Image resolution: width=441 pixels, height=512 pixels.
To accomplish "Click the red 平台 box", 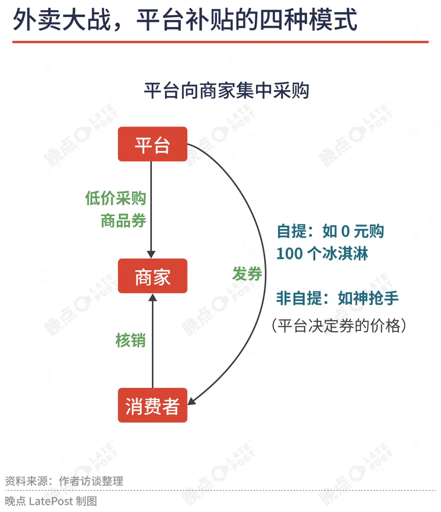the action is pos(152,144).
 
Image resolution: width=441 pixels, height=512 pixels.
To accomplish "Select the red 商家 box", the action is pos(152,276).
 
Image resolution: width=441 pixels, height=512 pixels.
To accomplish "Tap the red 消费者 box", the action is pos(152,405).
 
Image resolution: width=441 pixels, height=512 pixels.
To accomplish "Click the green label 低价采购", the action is pos(116,198).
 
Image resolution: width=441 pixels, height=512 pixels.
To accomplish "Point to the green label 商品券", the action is pos(123,220).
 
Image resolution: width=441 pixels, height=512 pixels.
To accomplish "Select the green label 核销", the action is pos(131,341).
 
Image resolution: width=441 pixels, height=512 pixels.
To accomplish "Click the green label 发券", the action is pos(247,274).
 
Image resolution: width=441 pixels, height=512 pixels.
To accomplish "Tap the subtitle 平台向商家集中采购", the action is pos(227,90).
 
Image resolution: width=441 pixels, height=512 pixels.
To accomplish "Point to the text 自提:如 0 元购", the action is pos(330,232).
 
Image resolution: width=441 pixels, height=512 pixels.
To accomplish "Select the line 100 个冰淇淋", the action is pos(322,254).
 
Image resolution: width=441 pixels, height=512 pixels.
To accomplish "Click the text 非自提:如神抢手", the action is pos(337,298).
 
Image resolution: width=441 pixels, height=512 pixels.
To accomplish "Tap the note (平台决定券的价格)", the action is pos(339,325).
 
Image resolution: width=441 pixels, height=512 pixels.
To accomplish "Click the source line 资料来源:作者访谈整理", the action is pos(64,481).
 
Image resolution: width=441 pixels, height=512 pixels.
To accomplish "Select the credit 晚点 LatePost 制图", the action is pos(51,501).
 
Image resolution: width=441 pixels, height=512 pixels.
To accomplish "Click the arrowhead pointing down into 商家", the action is pos(151,254).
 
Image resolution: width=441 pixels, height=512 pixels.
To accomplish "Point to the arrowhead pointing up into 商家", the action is pos(153,297).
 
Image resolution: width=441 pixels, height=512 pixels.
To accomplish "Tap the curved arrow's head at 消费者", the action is pos(192,401).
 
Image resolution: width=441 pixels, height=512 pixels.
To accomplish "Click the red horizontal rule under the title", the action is pos(220,42).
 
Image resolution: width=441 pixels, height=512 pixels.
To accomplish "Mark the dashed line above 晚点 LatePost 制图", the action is pos(220,490).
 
